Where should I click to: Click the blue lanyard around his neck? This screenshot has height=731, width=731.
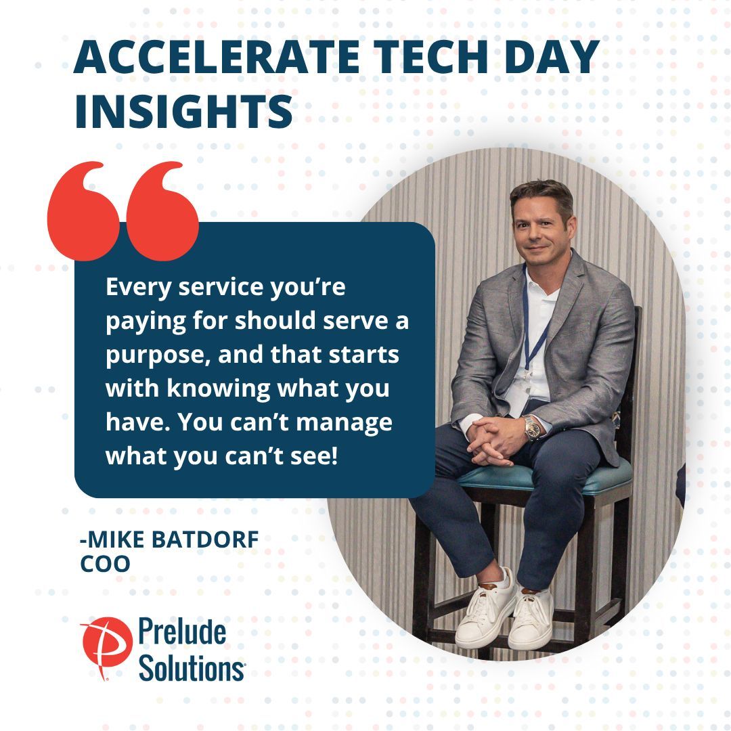coord(531,325)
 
